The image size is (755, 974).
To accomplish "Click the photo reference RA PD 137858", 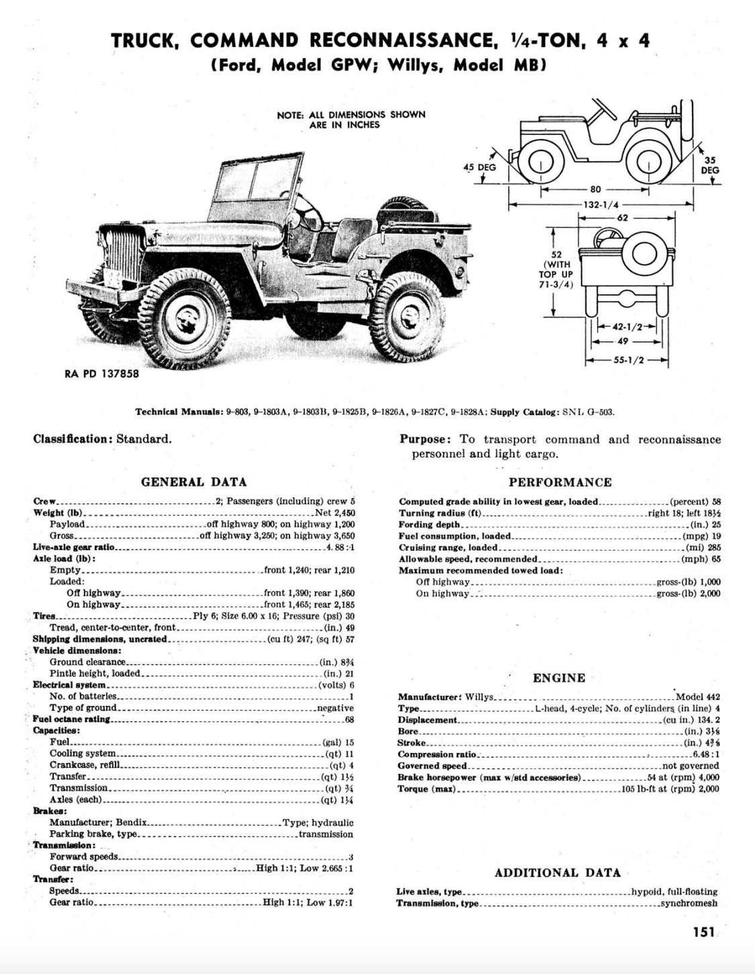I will [102, 373].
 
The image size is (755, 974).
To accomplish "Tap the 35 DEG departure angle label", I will [709, 165].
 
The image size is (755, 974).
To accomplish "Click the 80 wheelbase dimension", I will [596, 190].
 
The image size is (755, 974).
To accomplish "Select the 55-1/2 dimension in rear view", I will [629, 360].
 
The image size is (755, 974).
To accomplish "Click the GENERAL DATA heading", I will [193, 482].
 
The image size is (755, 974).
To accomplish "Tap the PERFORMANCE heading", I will [560, 482].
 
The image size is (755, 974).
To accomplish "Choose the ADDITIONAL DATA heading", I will [558, 873].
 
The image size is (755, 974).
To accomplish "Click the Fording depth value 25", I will [716, 525].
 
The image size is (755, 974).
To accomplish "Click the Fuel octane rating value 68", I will [349, 719].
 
